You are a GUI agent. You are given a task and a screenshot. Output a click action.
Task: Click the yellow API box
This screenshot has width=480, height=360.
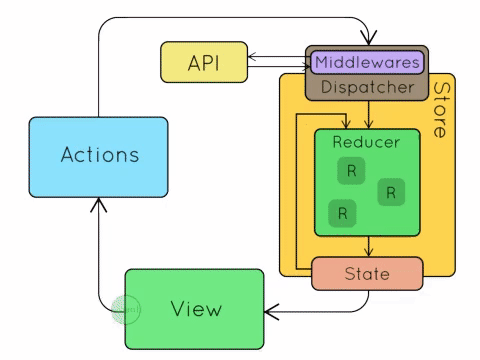[204, 62]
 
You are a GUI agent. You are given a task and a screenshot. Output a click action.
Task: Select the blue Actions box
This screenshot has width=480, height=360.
[98, 157]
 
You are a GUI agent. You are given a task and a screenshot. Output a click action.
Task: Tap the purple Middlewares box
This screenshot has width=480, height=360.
[367, 62]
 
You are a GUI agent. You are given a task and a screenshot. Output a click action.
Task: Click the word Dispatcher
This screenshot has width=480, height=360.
[367, 87]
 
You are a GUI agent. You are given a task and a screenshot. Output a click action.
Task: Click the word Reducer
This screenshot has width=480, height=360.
[366, 142]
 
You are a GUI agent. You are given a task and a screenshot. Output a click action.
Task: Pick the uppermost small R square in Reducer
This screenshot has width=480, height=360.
[351, 171]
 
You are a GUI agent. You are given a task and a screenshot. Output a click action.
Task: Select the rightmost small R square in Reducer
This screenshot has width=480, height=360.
[391, 192]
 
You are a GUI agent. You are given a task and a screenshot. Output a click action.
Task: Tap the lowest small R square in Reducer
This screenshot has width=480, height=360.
[342, 213]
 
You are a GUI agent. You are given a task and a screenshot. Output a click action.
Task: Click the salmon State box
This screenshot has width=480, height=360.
[367, 274]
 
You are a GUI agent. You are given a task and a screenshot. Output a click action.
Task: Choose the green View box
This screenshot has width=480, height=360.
[195, 309]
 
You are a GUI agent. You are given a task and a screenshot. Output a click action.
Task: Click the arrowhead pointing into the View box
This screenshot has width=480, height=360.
[271, 312]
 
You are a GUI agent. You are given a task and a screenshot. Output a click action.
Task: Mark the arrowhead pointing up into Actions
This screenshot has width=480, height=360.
[99, 204]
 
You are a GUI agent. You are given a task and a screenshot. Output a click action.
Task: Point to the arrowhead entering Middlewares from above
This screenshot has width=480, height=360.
[368, 38]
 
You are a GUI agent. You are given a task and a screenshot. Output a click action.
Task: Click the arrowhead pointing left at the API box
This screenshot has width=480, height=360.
[252, 56]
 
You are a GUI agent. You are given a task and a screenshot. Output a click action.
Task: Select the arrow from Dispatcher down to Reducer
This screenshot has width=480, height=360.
[368, 114]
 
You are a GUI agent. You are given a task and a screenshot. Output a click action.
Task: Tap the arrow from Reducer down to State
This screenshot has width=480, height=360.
[368, 246]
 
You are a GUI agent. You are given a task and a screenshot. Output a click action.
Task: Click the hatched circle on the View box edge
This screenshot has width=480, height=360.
[125, 310]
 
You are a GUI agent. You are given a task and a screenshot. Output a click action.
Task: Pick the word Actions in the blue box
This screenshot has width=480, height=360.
[100, 155]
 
